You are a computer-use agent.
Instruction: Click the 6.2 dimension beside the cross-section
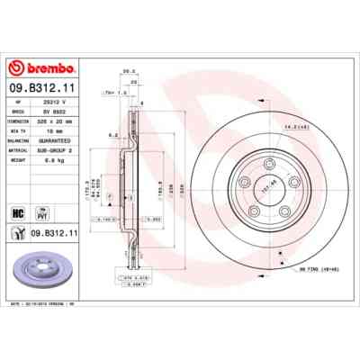click(112, 134)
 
